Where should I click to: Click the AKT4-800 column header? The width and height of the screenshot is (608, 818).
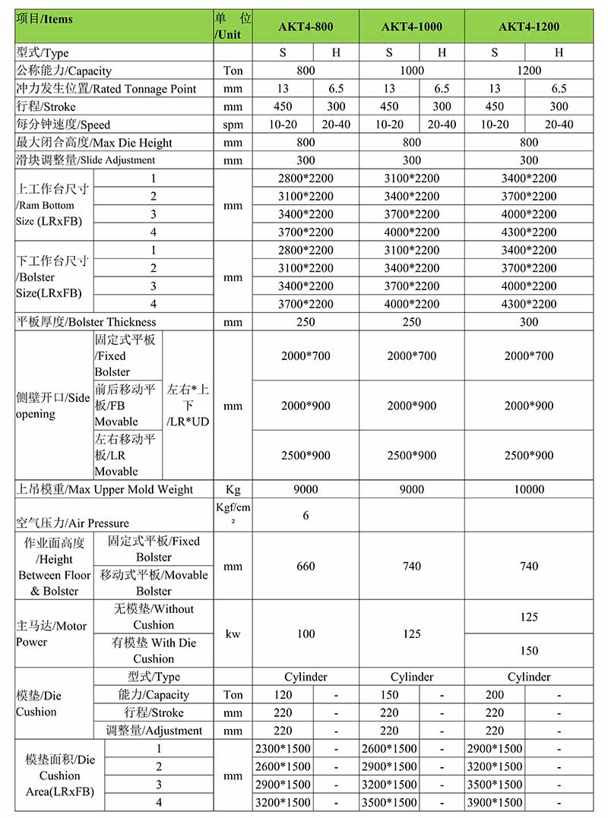pyautogui.click(x=306, y=27)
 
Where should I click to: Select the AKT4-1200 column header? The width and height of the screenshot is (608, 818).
pyautogui.click(x=529, y=27)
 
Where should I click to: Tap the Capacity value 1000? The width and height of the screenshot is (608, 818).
pyautogui.click(x=411, y=71)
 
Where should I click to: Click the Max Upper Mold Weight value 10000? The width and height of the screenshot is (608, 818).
pyautogui.click(x=529, y=489)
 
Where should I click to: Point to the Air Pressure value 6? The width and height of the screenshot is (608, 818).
pyautogui.click(x=306, y=515)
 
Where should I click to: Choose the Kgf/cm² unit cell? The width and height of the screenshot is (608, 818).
pyautogui.click(x=233, y=514)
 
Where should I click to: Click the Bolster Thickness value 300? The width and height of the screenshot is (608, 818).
pyautogui.click(x=529, y=322)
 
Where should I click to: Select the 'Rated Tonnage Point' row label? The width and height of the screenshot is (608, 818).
pyautogui.click(x=106, y=89)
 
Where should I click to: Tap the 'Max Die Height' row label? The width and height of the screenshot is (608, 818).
pyautogui.click(x=94, y=143)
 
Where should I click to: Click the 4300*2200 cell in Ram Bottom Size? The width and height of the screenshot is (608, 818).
pyautogui.click(x=529, y=232)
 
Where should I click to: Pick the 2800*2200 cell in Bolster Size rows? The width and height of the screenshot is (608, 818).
pyautogui.click(x=306, y=250)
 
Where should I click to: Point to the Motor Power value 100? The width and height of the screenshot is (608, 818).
pyautogui.click(x=306, y=633)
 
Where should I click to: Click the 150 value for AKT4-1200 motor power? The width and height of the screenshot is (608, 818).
pyautogui.click(x=529, y=650)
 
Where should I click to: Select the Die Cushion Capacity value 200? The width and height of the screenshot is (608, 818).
pyautogui.click(x=495, y=694)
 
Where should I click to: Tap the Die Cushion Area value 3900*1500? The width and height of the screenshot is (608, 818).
pyautogui.click(x=495, y=802)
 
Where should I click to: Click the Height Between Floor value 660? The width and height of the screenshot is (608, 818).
pyautogui.click(x=306, y=566)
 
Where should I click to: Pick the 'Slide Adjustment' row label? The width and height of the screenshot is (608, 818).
pyautogui.click(x=85, y=160)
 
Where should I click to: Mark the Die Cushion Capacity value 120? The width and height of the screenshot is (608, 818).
pyautogui.click(x=283, y=694)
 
